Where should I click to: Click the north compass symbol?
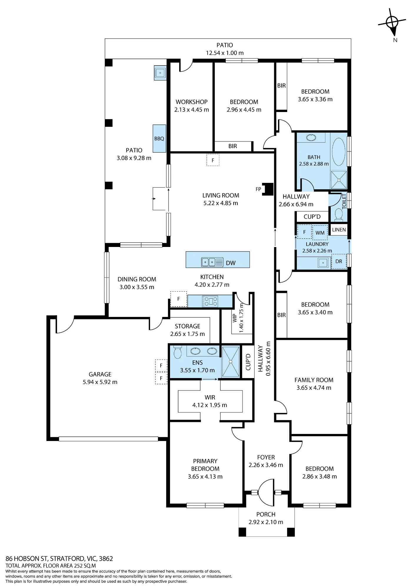pyautogui.click(x=392, y=23)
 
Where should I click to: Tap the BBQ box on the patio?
pyautogui.click(x=159, y=138)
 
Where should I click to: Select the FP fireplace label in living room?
pyautogui.click(x=258, y=189)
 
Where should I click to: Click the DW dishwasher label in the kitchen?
pyautogui.click(x=231, y=263)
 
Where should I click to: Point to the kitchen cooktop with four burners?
pyautogui.click(x=210, y=301)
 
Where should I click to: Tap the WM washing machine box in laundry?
pyautogui.click(x=320, y=233)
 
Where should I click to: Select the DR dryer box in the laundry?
pyautogui.click(x=339, y=261)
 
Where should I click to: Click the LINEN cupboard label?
pyautogui.click(x=339, y=230)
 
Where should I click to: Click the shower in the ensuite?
pyautogui.click(x=231, y=362)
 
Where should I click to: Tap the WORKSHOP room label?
pyautogui.click(x=192, y=102)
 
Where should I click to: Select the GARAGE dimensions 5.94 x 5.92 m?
pyautogui.click(x=100, y=382)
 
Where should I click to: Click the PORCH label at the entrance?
pyautogui.click(x=266, y=514)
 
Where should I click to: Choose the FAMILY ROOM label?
pyautogui.click(x=314, y=380)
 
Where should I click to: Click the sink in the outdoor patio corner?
pyautogui.click(x=160, y=73)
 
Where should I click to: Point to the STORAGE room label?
pyautogui.click(x=187, y=326)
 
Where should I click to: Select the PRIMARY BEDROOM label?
pyautogui.click(x=205, y=465)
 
